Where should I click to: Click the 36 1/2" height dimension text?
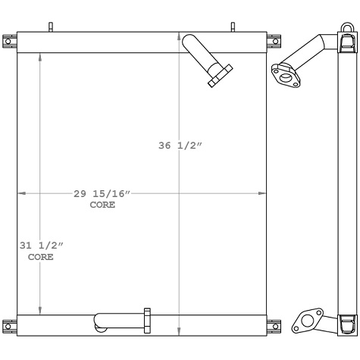pyautogui.click(x=179, y=147)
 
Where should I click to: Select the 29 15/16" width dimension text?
pyautogui.click(x=102, y=195)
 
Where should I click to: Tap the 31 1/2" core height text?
pyautogui.click(x=41, y=246)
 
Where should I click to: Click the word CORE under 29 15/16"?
pyautogui.click(x=102, y=205)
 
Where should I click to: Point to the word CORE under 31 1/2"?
pyautogui.click(x=41, y=258)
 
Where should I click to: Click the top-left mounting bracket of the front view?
pyautogui.click(x=9, y=40)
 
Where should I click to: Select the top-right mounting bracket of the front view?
pyautogui.click(x=274, y=40)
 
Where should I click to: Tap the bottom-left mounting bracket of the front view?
pyautogui.click(x=9, y=326)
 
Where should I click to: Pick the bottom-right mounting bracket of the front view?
pyautogui.click(x=274, y=327)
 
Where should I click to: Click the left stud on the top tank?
pyautogui.click(x=51, y=27)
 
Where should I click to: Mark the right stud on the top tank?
pyautogui.click(x=233, y=27)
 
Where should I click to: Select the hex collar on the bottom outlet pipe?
pyautogui.click(x=147, y=319)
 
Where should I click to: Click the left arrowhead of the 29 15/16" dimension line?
pyautogui.click(x=20, y=194)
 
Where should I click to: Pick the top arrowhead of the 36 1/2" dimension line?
pyautogui.click(x=179, y=34)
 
